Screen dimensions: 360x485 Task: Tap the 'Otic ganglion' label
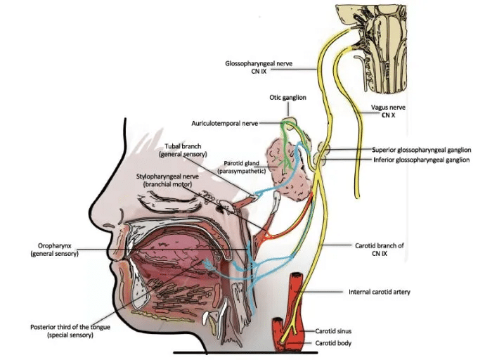pos(287,98)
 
